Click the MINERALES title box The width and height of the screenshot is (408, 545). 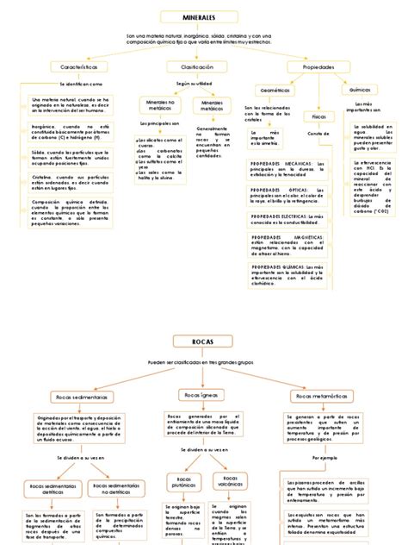[x=199, y=17]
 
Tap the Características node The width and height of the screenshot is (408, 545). [x=78, y=66]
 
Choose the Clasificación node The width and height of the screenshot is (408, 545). [x=196, y=66]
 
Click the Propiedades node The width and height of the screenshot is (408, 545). [x=318, y=66]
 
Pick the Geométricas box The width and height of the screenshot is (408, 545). [x=275, y=90]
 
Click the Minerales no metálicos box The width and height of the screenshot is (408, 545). [x=159, y=105]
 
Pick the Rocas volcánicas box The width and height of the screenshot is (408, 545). [x=231, y=481]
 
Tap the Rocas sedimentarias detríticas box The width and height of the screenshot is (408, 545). [x=61, y=490]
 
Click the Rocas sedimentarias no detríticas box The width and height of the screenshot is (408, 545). [x=117, y=490]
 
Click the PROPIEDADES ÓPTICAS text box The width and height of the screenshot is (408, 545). [x=287, y=196]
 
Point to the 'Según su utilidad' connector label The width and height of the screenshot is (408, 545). [x=194, y=85]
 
